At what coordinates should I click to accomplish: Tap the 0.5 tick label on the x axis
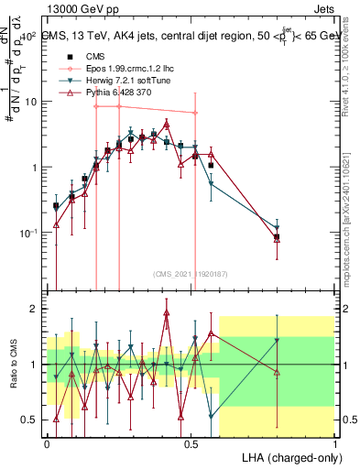tap(191, 443)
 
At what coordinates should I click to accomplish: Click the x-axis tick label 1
tap(335, 443)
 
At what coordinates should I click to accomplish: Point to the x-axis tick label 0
tap(47, 443)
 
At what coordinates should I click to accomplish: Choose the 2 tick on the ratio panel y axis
tap(35, 309)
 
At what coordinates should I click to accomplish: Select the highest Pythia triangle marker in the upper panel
tap(167, 124)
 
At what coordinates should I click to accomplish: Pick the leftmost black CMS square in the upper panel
tap(56, 206)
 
